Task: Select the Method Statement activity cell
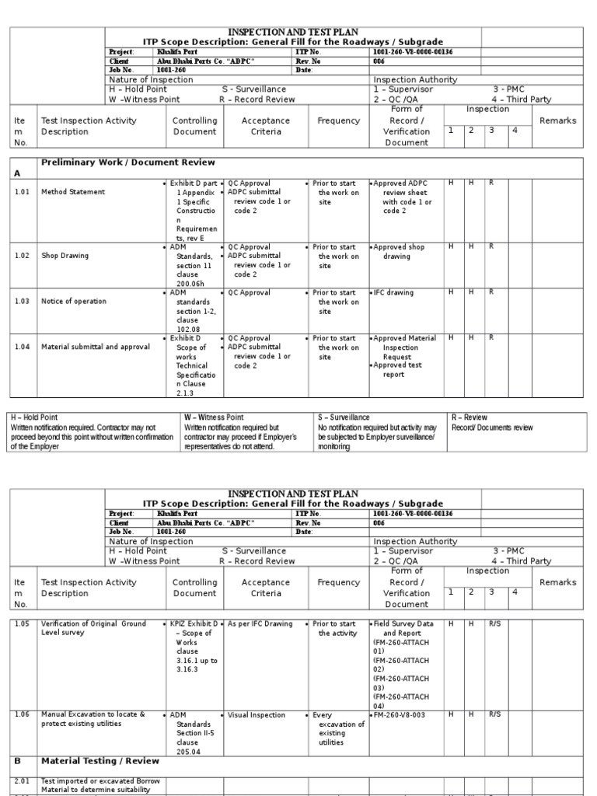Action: [x=75, y=191]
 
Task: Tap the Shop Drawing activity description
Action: [x=65, y=256]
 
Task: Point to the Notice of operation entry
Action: [x=74, y=301]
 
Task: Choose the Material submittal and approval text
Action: [x=95, y=347]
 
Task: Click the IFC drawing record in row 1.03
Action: [x=394, y=293]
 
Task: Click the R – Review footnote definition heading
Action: [x=470, y=417]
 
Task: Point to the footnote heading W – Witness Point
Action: [x=214, y=417]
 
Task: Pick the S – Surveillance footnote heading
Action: [x=344, y=417]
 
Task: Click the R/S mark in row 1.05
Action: [x=495, y=624]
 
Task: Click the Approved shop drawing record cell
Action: [x=402, y=252]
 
